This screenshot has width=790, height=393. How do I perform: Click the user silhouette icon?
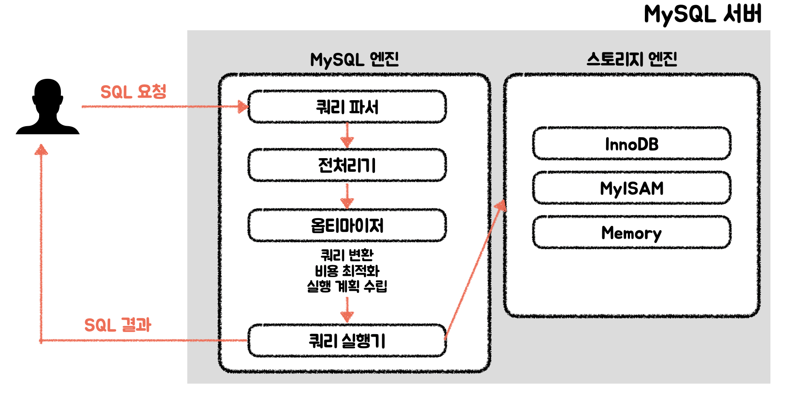click(47, 107)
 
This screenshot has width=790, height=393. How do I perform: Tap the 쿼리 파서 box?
click(347, 107)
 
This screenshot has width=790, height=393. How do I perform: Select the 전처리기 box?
click(347, 165)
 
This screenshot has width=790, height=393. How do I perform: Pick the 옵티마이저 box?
click(347, 225)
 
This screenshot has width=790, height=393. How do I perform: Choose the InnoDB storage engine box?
click(632, 144)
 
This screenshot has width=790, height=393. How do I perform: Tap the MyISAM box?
click(632, 188)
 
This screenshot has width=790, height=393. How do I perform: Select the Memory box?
click(632, 233)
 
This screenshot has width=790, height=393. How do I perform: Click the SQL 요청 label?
click(133, 92)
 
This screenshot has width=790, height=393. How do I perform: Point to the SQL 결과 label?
click(117, 325)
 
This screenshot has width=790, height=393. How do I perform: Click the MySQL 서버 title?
click(702, 14)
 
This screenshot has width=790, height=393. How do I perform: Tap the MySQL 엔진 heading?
click(354, 59)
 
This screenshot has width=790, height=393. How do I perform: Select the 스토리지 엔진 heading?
click(632, 59)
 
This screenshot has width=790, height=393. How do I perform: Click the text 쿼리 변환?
click(347, 255)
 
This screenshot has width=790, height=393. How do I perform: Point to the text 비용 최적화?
click(347, 271)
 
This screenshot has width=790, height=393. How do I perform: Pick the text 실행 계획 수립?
click(347, 286)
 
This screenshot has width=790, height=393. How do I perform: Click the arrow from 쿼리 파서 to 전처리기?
click(347, 136)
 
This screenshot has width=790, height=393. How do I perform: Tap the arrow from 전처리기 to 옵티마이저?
click(347, 196)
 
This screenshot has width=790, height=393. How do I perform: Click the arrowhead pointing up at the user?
click(41, 150)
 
